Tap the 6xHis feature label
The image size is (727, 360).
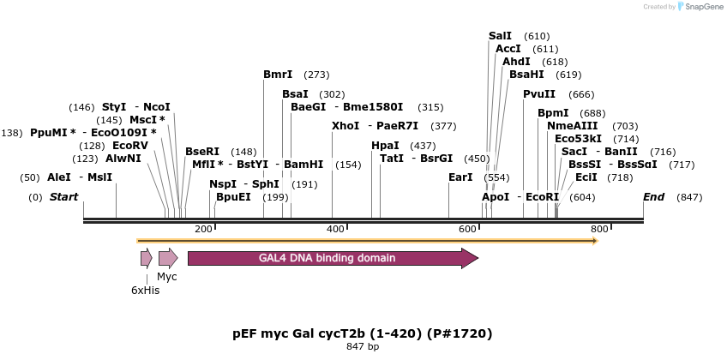145,291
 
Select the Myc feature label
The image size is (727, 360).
167,277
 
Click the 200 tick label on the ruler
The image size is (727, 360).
203,229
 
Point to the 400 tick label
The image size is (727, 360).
335,229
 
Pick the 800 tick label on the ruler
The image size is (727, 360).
599,229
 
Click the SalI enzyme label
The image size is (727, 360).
500,36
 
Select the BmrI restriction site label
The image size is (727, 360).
278,75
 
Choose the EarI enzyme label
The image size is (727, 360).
460,177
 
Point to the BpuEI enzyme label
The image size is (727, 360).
233,197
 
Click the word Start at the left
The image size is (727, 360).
64,197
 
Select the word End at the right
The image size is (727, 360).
654,197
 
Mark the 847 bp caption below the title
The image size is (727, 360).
363,347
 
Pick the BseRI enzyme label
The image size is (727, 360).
202,152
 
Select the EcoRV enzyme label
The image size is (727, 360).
130,146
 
